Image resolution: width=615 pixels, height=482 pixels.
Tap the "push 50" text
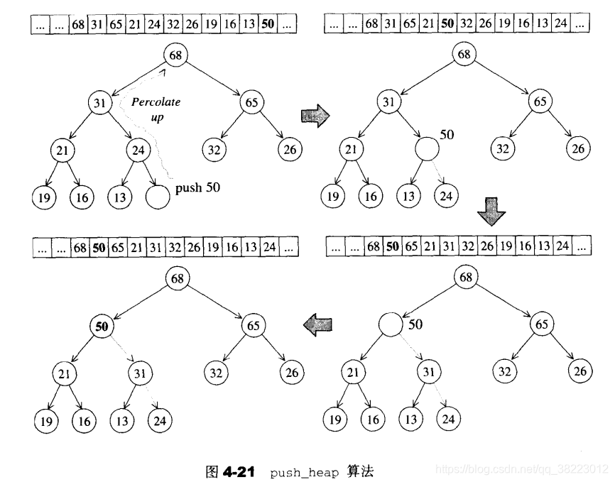point(198,190)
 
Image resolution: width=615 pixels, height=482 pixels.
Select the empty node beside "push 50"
point(157,197)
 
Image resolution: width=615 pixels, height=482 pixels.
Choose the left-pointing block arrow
point(317,325)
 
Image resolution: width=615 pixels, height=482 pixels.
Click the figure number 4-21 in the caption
point(238,470)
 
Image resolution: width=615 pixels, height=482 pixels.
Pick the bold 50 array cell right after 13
point(268,24)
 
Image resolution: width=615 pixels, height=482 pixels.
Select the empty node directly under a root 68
point(390,324)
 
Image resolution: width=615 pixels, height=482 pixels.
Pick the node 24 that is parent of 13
point(138,150)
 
